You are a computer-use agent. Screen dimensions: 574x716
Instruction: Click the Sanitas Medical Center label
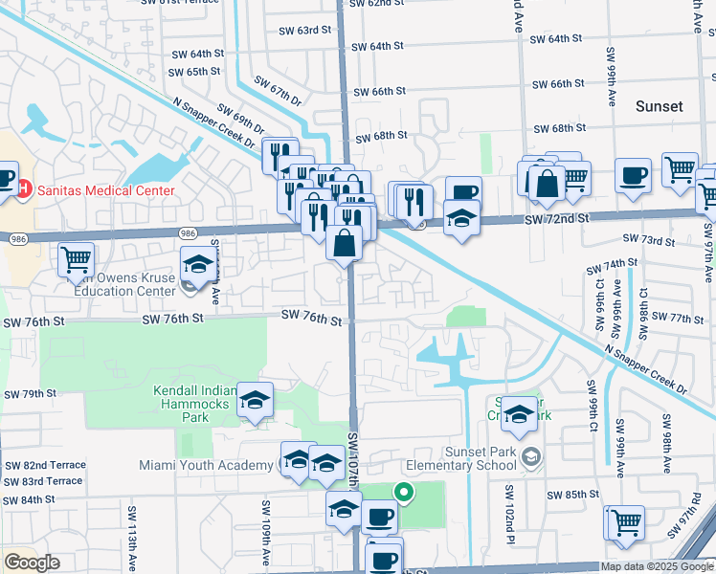tap(106, 189)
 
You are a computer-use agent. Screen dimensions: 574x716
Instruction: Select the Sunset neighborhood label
tap(660, 106)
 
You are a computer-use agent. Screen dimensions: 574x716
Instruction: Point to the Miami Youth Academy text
tap(218, 465)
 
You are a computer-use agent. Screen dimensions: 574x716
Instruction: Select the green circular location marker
tap(404, 494)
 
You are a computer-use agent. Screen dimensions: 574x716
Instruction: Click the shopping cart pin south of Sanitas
tap(76, 258)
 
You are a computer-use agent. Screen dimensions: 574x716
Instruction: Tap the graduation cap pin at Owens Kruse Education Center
tap(197, 262)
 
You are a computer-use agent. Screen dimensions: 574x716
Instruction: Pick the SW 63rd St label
tap(302, 31)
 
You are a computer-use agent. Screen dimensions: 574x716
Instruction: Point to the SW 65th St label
tap(195, 72)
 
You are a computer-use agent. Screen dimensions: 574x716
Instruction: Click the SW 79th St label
tap(31, 394)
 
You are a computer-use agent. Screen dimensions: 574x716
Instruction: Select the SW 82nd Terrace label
tap(45, 465)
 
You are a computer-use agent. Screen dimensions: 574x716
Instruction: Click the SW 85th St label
tap(572, 495)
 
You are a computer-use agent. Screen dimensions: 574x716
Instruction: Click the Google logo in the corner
tap(32, 563)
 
